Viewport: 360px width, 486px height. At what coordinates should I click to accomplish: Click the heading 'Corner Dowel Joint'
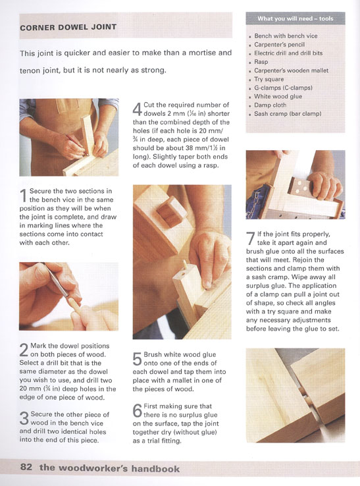(68, 27)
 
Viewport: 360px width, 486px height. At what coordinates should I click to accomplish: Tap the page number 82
(26, 467)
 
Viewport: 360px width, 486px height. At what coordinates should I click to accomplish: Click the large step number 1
(23, 195)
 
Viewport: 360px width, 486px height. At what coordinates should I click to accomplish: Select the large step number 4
(138, 109)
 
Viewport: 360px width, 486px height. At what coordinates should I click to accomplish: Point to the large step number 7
(251, 238)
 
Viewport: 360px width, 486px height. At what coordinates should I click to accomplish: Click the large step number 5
(137, 359)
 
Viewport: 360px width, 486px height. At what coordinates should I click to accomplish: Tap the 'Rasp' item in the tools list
(261, 62)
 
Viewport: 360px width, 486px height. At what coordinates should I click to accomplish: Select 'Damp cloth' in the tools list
(270, 105)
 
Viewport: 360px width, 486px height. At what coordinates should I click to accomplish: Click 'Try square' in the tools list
(269, 79)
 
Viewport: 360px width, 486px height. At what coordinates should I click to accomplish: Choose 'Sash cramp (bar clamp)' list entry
(288, 114)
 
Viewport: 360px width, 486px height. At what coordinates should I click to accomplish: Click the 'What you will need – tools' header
(296, 18)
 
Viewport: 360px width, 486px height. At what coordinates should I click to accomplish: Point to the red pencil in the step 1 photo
(76, 144)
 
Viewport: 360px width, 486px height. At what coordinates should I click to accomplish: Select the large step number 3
(24, 418)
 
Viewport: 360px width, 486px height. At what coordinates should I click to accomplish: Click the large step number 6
(138, 410)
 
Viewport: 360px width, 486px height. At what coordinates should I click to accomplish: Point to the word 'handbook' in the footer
(155, 468)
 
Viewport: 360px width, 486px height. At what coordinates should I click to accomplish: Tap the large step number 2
(24, 350)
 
